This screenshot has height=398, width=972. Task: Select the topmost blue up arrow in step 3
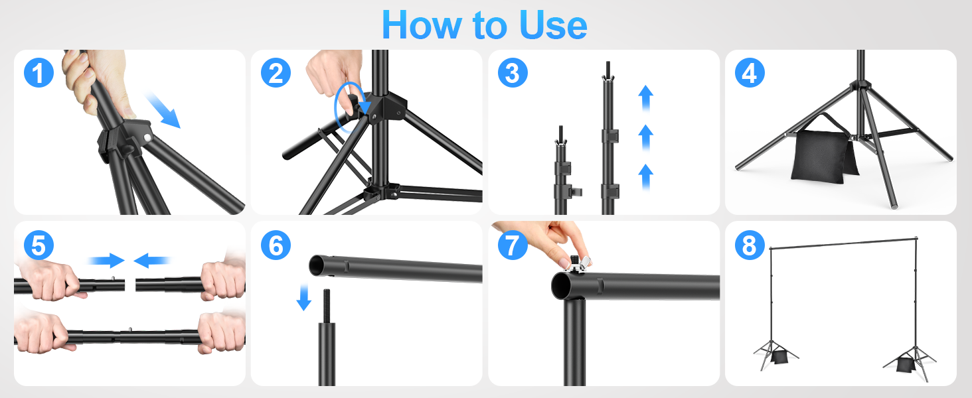click(x=645, y=97)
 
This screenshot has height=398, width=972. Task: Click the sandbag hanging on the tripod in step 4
click(x=821, y=155)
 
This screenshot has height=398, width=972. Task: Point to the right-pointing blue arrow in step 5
click(x=106, y=260)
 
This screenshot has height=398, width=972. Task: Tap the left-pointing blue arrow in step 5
click(x=152, y=260)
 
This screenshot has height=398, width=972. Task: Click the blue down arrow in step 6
click(x=304, y=297)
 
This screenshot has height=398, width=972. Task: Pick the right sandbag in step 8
click(x=904, y=364)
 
